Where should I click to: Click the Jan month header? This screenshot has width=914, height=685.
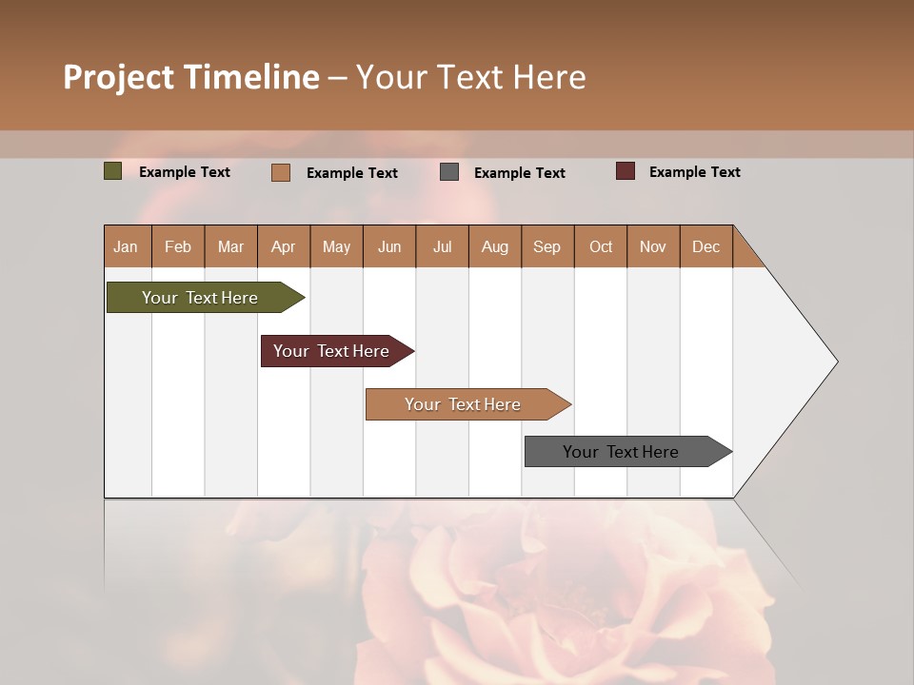pos(127,246)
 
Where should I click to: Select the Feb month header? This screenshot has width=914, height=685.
pos(178,246)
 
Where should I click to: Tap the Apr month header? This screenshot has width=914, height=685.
pos(284,246)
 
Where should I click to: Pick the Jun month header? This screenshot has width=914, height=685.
pos(389,246)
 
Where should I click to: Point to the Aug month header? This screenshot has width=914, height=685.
pos(495,246)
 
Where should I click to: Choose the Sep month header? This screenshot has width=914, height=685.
pos(547,246)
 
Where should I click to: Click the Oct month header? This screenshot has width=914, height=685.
pos(601,246)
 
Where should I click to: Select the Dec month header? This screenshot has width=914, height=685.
pos(706,246)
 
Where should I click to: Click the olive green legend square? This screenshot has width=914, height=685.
pos(113,171)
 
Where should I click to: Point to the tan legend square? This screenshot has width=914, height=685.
pos(281,172)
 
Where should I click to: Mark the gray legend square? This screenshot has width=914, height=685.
pos(449,172)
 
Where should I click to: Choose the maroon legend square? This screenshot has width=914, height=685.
pos(626,171)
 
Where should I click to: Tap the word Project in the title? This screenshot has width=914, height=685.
pos(118,77)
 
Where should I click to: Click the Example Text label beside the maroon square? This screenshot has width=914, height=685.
pos(694,172)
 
